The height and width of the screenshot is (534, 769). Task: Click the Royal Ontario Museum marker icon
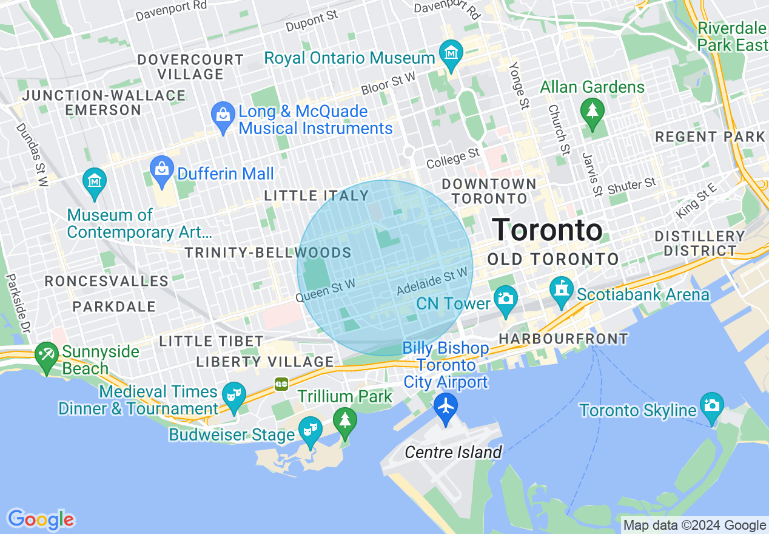point(451,53)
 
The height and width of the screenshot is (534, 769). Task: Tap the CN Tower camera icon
point(505,298)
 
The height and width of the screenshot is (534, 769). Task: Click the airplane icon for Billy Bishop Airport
point(446,405)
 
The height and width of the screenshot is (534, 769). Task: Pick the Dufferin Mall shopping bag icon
point(161,167)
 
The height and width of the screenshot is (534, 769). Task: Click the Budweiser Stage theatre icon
point(311,429)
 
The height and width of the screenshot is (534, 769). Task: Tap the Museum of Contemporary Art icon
point(95,181)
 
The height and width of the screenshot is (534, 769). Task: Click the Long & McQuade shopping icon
point(223,113)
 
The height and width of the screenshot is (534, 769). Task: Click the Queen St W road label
point(325,290)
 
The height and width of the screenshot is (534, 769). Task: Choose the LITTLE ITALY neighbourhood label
point(317,195)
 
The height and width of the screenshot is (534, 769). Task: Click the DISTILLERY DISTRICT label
point(700,243)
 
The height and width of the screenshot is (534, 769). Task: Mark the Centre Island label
point(453,452)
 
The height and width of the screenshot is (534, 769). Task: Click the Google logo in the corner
point(41,519)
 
